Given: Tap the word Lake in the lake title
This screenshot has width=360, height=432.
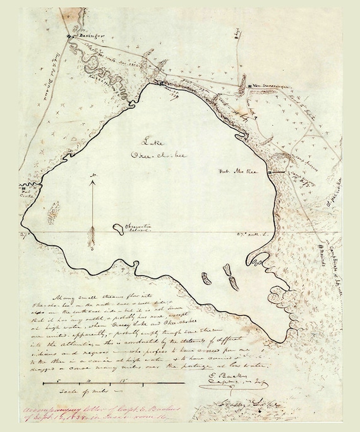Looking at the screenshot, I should [x=153, y=141].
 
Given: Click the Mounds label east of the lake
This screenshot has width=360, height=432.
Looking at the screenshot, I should [x=327, y=249].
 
